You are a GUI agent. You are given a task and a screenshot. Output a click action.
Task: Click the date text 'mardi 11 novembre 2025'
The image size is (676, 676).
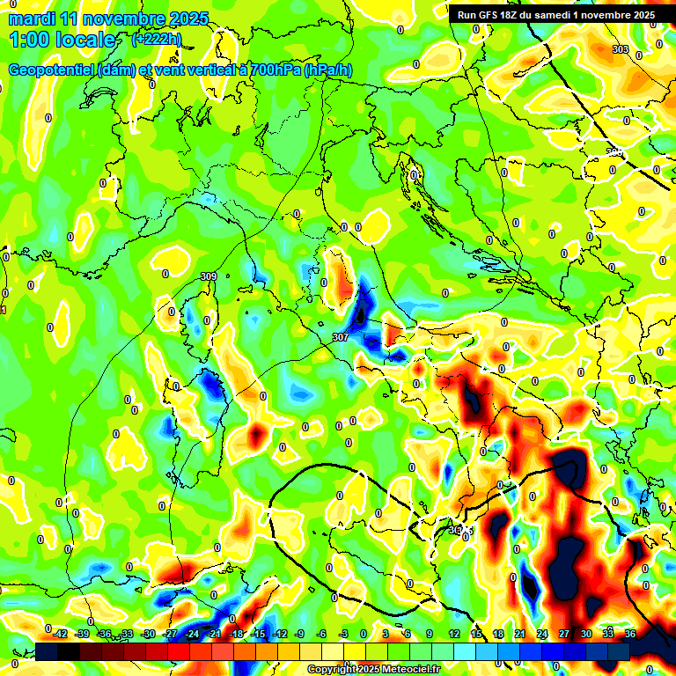tap(108, 18)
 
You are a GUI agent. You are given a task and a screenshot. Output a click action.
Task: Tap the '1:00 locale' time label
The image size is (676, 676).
tap(62, 40)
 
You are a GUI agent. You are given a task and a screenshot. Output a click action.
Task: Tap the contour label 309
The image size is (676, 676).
tap(209, 277)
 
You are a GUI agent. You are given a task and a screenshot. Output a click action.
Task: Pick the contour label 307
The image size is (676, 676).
tap(341, 337)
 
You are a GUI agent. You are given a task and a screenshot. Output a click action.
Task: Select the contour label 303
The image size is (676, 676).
tap(621, 50)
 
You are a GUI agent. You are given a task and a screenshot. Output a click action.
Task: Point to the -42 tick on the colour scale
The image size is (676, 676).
tap(59, 634)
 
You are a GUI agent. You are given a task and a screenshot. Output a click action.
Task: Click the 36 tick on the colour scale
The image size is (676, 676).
tap(630, 634)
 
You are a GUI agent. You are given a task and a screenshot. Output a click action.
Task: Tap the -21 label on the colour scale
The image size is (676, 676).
tap(214, 634)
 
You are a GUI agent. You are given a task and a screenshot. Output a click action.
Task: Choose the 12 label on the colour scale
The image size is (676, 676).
tap(454, 634)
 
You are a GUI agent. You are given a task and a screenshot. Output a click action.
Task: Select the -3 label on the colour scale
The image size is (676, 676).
tap(344, 634)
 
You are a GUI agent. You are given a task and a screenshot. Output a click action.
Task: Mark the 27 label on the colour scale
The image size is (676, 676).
tap(564, 634)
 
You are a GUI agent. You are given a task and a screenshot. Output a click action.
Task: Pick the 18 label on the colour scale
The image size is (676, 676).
tap(498, 634)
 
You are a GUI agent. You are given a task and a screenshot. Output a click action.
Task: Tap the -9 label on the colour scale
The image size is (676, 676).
tap(300, 634)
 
